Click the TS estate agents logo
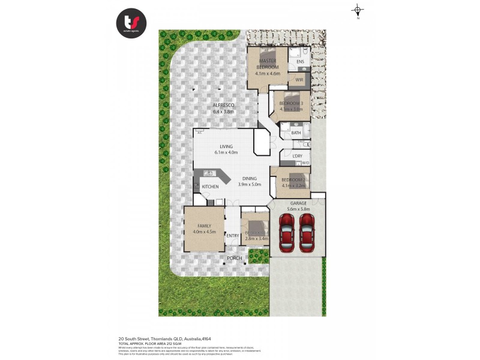(x=131, y=23)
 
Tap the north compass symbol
(x=358, y=10)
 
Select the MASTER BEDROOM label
(x=267, y=64)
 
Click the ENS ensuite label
(x=300, y=62)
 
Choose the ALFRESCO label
(x=223, y=106)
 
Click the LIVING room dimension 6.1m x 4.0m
(x=226, y=152)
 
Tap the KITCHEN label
(x=210, y=187)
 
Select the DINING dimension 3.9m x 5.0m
(x=250, y=185)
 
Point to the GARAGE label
(x=298, y=203)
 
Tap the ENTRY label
(x=232, y=236)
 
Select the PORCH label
(x=235, y=258)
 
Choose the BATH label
(x=296, y=133)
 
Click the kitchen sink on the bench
(x=209, y=173)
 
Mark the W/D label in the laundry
(x=305, y=163)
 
